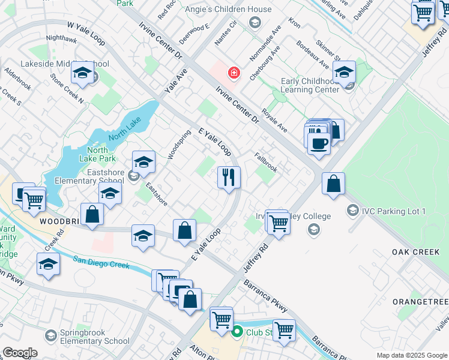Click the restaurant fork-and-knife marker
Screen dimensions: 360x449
[x=228, y=178]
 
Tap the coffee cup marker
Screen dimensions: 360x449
[x=318, y=143]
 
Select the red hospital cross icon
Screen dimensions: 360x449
[x=233, y=74]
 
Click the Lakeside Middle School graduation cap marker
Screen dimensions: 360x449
[x=82, y=74]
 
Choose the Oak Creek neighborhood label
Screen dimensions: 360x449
[x=416, y=252]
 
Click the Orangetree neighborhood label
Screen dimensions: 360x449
[x=420, y=301]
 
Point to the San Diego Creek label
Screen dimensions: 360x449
[x=101, y=262]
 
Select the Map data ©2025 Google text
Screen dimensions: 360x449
[x=411, y=355]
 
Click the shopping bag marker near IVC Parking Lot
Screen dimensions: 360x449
[x=333, y=184]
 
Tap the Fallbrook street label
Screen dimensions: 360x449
[x=265, y=162]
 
